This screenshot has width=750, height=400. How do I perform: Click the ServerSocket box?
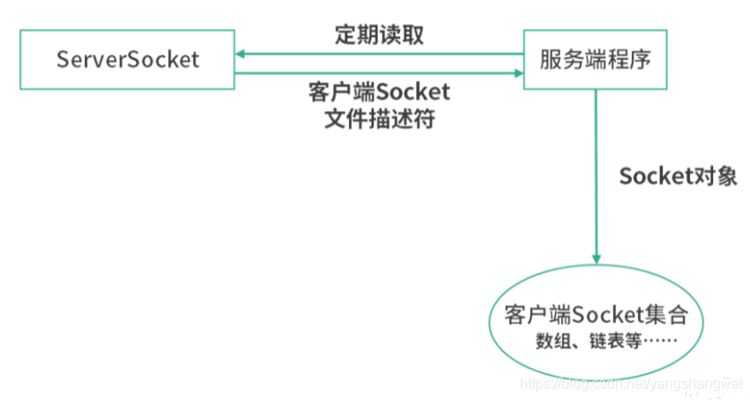[x=128, y=59]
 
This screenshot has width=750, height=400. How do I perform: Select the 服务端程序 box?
[x=594, y=59]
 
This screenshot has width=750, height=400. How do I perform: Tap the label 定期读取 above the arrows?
[x=379, y=35]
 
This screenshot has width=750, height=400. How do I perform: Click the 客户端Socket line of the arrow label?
[x=379, y=93]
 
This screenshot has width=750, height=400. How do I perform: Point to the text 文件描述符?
[x=379, y=119]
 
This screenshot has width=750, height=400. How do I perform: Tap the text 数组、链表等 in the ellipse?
[x=578, y=341]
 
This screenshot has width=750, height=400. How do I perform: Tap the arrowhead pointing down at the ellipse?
[x=595, y=257]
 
